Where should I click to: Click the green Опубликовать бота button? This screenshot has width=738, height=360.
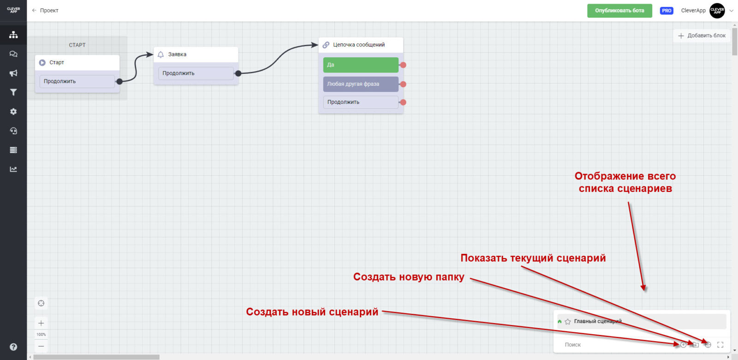619,11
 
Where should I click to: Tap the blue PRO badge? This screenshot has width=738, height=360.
667,11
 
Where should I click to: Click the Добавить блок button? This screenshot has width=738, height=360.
702,36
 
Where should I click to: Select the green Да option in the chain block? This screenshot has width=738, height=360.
360,65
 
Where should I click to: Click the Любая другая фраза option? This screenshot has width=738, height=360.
360,84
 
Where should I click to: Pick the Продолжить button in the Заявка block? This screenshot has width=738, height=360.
196,73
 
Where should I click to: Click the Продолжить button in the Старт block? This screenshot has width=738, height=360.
77,82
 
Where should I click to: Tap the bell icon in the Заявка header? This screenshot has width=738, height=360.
161,54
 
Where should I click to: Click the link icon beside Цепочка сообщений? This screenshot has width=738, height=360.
326,45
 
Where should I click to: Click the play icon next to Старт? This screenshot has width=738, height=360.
42,63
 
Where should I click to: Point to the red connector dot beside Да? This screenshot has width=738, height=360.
403,65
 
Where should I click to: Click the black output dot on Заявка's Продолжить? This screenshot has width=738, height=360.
238,73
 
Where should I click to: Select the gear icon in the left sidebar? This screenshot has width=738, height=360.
13,112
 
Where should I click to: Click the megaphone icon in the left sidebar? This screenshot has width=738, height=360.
13,73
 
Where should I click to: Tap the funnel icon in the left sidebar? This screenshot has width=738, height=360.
13,92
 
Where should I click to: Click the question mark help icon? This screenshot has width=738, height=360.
13,347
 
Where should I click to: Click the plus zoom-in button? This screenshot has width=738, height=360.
41,323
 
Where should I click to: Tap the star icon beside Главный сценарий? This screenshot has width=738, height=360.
568,322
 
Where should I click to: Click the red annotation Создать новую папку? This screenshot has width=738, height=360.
409,277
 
